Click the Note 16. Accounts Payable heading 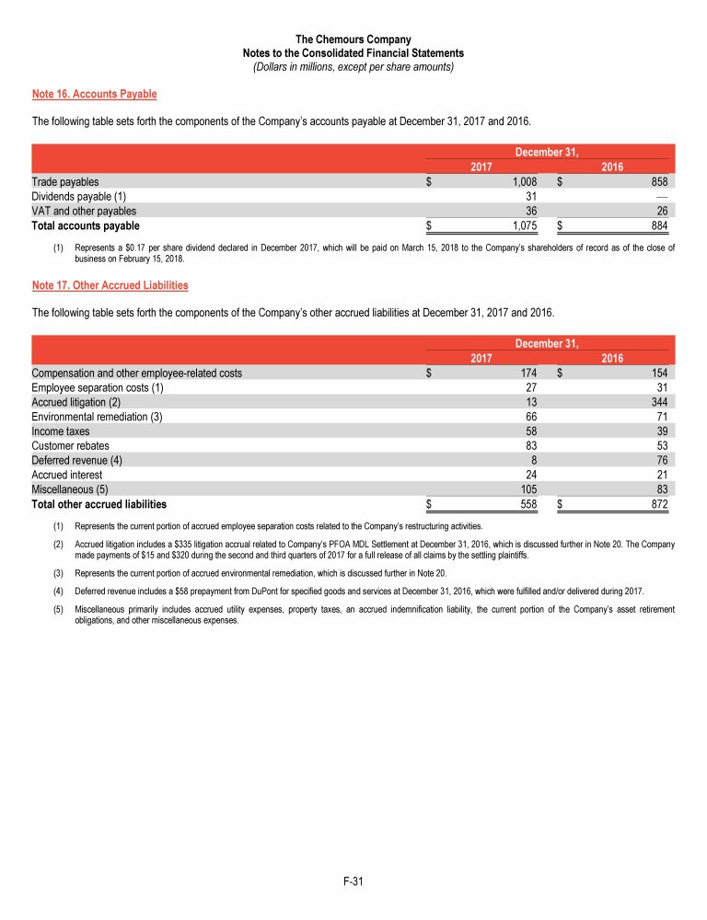[x=94, y=94]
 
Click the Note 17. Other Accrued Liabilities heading [x=110, y=285]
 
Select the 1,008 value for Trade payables [x=524, y=182]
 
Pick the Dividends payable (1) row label [x=79, y=197]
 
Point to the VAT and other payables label [x=84, y=211]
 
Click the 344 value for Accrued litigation [x=657, y=402]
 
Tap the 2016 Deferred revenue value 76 [x=661, y=460]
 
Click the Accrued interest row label [x=67, y=475]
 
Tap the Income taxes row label [x=61, y=431]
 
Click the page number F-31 [x=353, y=882]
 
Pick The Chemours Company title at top [x=353, y=40]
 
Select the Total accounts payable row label [x=86, y=225]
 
